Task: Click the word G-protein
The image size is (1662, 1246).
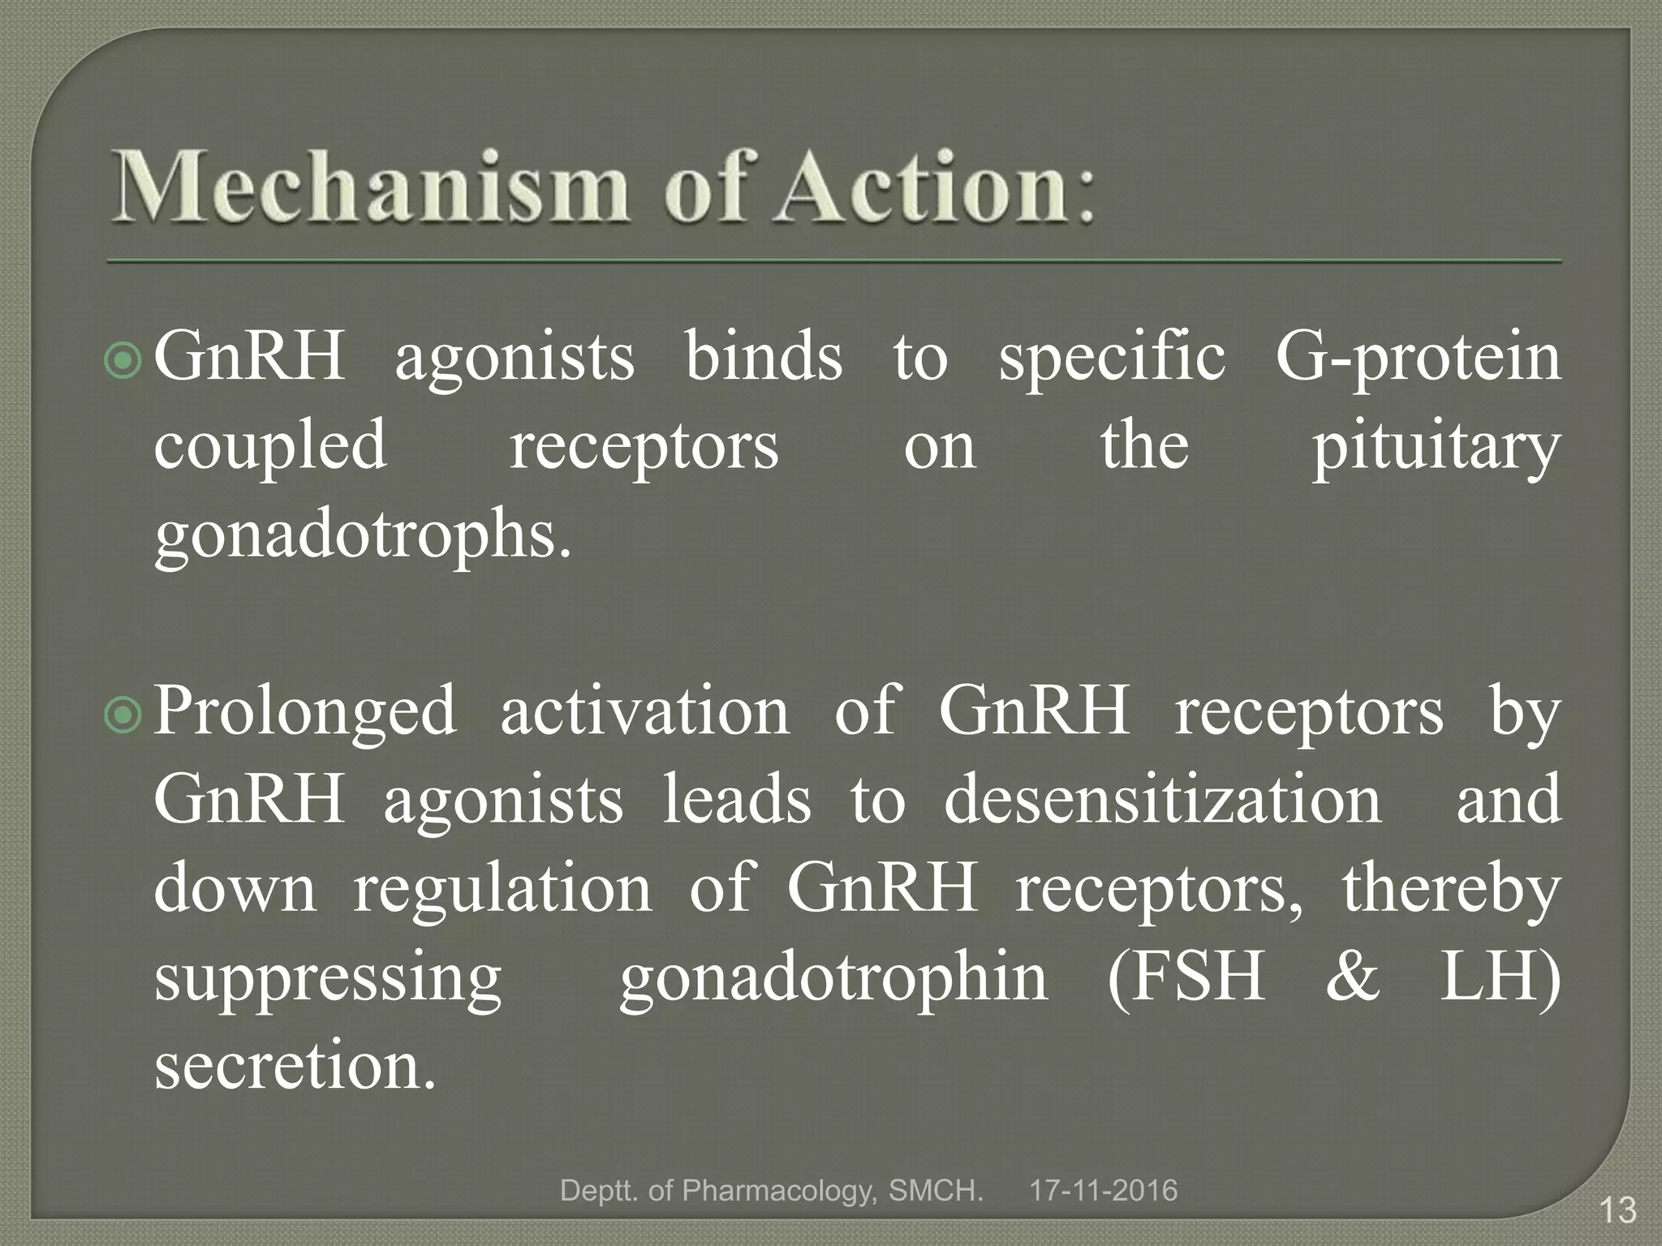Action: tap(1417, 357)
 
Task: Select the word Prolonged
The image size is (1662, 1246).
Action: tap(305, 710)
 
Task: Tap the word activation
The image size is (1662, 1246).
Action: tap(644, 710)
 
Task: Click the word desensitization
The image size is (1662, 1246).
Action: tap(1162, 799)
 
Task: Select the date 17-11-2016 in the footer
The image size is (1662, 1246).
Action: tap(1103, 1190)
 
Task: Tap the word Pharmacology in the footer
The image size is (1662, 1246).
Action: tap(779, 1190)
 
